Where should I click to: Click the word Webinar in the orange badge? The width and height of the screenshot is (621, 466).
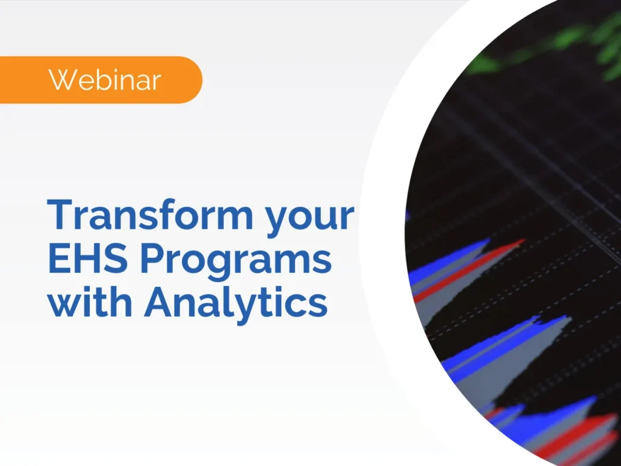[x=105, y=79]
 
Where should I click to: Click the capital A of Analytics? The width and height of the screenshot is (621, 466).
[x=159, y=303]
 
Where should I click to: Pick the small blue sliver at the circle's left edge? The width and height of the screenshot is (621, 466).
[x=408, y=215]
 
